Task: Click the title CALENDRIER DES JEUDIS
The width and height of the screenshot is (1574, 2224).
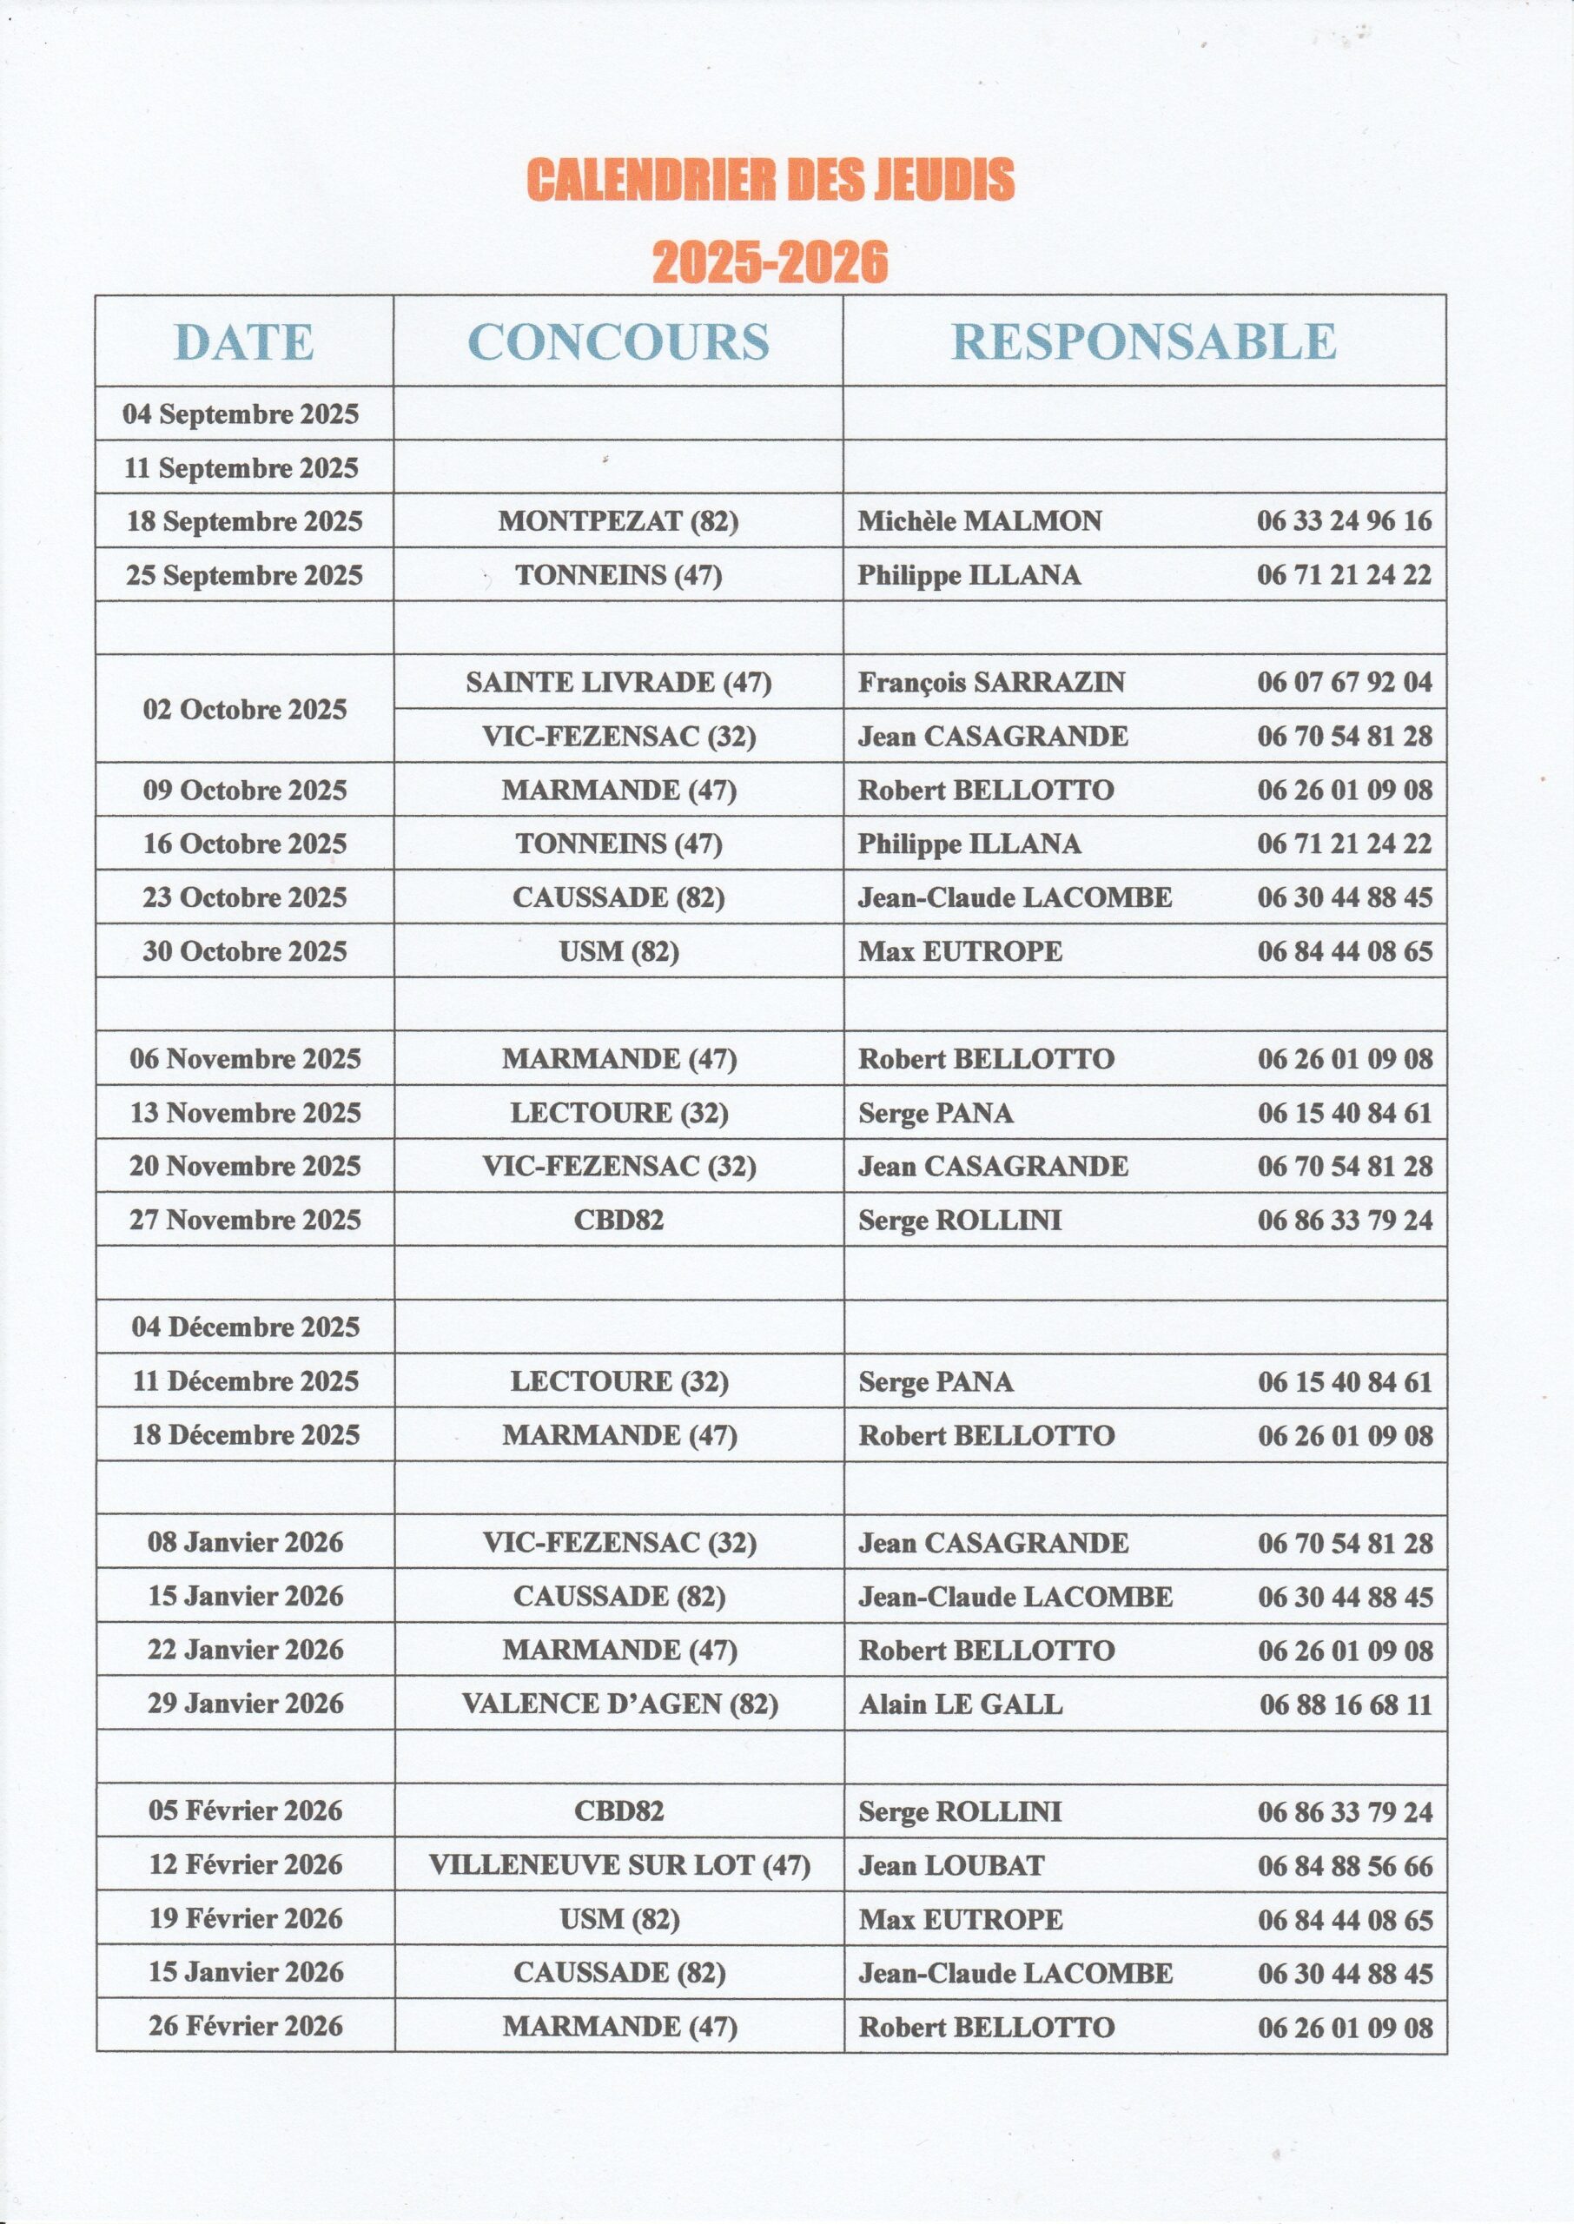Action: [770, 180]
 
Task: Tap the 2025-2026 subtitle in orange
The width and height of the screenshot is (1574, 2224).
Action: [770, 261]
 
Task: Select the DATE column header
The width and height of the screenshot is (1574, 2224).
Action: [244, 342]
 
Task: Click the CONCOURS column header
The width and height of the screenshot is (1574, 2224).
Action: [618, 342]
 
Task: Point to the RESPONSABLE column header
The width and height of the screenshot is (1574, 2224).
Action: [1144, 342]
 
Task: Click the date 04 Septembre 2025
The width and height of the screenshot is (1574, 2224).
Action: [241, 414]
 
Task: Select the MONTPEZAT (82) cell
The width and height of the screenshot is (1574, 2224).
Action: [618, 521]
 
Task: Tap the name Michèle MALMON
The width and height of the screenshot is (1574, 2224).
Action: [979, 521]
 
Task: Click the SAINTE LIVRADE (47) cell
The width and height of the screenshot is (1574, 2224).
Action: [618, 683]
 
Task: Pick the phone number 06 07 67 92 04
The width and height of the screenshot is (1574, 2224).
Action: [1345, 683]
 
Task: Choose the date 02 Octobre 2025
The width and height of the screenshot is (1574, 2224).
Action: [244, 710]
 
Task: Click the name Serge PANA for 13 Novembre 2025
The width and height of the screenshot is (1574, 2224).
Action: [936, 1114]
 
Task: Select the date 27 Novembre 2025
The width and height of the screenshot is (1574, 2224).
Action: [245, 1220]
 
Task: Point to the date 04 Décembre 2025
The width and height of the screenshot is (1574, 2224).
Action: [245, 1327]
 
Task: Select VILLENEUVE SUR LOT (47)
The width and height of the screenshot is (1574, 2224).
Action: [619, 1865]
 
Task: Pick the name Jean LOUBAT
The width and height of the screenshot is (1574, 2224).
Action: [951, 1865]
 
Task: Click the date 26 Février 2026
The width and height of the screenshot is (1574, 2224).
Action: [245, 2026]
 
